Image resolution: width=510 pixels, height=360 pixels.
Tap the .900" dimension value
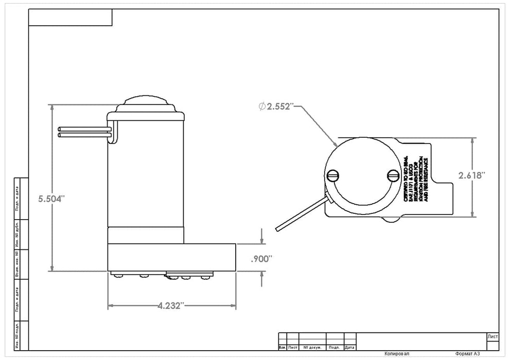[261, 259]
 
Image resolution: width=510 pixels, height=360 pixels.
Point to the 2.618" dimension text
[472, 175]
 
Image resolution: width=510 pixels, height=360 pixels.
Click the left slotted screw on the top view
[332, 176]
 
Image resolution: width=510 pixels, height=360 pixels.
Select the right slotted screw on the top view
[394, 176]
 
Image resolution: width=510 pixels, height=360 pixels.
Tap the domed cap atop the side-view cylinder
[146, 101]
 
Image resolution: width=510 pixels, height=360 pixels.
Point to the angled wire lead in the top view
[302, 213]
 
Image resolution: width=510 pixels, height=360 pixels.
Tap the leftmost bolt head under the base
[120, 276]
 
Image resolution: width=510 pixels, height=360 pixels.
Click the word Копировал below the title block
[396, 354]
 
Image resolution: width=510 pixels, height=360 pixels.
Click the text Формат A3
[468, 354]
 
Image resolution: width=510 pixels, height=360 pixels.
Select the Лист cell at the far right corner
[492, 336]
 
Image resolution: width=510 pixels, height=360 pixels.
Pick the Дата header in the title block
[349, 347]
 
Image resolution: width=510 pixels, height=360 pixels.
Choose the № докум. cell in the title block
[312, 347]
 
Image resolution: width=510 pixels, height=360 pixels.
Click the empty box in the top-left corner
[70, 17]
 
